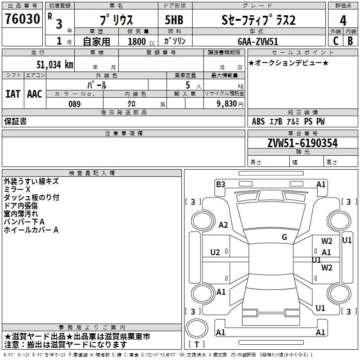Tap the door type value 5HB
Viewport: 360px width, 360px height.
pyautogui.click(x=174, y=21)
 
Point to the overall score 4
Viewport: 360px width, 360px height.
pyautogui.click(x=343, y=21)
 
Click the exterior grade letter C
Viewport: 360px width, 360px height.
pyautogui.click(x=335, y=40)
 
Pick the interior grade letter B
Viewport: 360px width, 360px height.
pyautogui.click(x=350, y=40)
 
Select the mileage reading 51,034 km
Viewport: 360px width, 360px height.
pyautogui.click(x=54, y=65)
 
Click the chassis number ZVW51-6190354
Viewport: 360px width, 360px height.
pyautogui.click(x=302, y=143)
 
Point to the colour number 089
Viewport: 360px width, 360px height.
pyautogui.click(x=74, y=104)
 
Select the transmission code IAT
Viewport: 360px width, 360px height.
pyautogui.click(x=13, y=94)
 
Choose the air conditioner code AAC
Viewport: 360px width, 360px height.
pyautogui.click(x=34, y=94)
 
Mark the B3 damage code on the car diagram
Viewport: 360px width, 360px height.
pyautogui.click(x=220, y=184)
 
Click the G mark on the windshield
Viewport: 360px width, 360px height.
pyautogui.click(x=284, y=237)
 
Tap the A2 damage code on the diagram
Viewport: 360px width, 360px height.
pyautogui.click(x=223, y=225)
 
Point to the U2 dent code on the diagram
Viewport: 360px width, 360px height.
pyautogui.click(x=215, y=252)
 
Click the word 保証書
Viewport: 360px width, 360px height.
pyautogui.click(x=15, y=121)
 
